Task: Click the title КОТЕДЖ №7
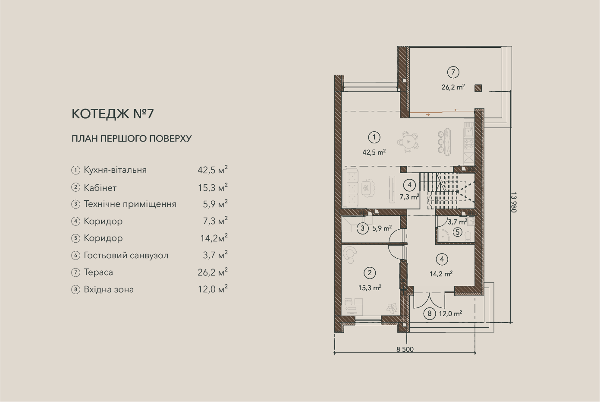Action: (113, 114)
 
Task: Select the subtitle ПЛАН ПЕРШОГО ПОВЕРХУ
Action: (132, 139)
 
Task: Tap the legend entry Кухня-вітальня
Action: (115, 170)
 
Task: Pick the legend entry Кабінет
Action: (100, 188)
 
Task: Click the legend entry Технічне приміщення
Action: (130, 204)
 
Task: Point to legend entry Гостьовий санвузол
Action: (126, 255)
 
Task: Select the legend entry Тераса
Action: (98, 272)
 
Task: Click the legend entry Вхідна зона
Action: (109, 290)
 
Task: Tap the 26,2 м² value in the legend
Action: (213, 272)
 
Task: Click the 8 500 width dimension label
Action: (405, 349)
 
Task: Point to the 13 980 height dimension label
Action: (513, 202)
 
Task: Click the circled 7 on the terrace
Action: (453, 72)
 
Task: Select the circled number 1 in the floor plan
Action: (374, 137)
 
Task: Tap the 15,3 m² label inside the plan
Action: (370, 288)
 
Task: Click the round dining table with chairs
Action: (408, 142)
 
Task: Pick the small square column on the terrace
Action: (478, 88)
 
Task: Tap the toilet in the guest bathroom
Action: (468, 237)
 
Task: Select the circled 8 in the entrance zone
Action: (430, 313)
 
